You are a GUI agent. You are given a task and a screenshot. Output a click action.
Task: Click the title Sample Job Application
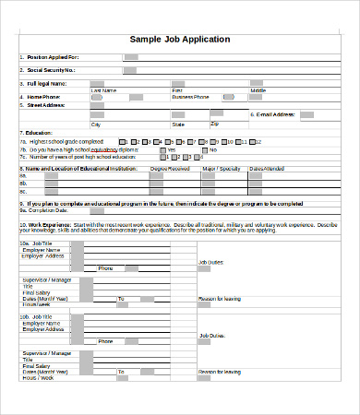(180, 40)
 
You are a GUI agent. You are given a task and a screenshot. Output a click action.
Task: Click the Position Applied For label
(53, 57)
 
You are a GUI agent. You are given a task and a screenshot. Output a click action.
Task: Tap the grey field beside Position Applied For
(130, 57)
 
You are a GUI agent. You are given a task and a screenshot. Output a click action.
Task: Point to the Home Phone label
(44, 96)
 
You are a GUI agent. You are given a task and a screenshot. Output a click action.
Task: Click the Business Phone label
(190, 96)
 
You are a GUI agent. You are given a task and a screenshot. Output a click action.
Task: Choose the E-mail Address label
(276, 114)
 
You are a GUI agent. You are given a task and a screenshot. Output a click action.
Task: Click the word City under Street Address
(95, 124)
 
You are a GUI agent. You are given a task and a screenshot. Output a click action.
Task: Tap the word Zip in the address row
(215, 123)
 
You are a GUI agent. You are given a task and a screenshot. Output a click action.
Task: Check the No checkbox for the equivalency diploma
(204, 149)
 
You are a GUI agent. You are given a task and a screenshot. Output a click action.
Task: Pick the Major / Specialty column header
(221, 169)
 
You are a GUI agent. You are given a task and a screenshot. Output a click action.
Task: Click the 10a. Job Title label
(40, 243)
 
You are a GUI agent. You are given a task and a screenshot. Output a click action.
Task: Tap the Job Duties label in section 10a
(211, 263)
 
